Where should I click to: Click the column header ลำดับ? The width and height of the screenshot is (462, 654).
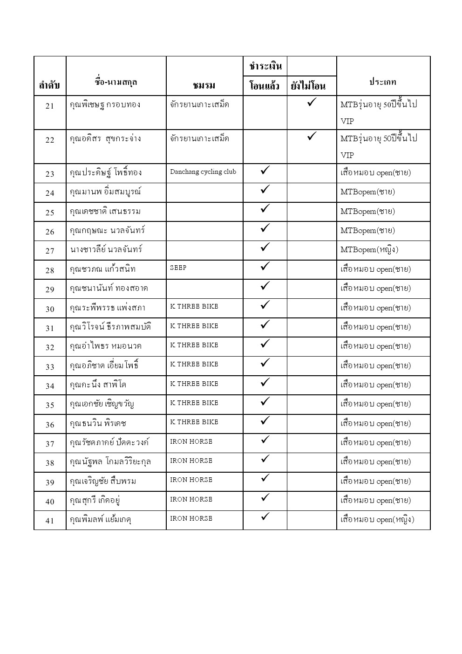[49, 85]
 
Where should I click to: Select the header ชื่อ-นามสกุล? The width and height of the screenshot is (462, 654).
[116, 83]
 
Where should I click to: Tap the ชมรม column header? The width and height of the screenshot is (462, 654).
[204, 85]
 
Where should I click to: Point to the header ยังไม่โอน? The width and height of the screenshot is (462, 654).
[308, 86]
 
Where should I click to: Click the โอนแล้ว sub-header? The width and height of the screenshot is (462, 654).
[265, 86]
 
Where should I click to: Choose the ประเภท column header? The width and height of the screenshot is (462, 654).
[383, 82]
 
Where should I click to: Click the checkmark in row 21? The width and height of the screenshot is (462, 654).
[312, 102]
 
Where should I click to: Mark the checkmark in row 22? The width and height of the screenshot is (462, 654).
[312, 136]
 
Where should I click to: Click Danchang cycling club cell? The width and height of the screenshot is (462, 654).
[203, 172]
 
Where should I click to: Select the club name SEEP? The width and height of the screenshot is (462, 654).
[178, 268]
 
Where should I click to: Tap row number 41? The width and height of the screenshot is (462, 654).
[50, 521]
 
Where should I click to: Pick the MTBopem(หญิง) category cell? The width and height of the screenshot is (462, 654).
[369, 250]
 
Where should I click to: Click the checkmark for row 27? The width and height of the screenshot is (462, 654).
[265, 247]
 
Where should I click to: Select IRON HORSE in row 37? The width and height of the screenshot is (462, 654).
[191, 441]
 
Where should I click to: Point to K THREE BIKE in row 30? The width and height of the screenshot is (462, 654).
[194, 306]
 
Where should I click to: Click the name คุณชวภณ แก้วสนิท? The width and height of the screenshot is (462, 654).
[102, 269]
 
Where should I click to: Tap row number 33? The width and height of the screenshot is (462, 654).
[50, 367]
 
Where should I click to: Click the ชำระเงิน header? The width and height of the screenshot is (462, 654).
[265, 67]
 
